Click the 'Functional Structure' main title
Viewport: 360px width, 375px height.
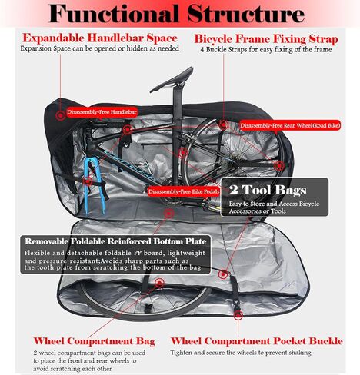[x=176, y=13]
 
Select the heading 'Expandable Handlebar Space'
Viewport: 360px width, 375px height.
[x=100, y=38]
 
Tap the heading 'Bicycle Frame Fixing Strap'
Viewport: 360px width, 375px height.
[x=266, y=39]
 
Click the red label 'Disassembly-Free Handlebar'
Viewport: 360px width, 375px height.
[x=102, y=112]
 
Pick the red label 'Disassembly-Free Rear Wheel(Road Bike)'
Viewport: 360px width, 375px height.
[x=290, y=125]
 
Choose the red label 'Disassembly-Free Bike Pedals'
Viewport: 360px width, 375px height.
[x=184, y=191]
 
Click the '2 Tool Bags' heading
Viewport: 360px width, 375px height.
[x=268, y=190]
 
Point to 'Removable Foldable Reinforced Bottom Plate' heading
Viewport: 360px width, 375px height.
[x=115, y=241]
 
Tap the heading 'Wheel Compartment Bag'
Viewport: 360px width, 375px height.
[x=95, y=341]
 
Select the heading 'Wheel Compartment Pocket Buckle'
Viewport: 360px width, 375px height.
[x=257, y=341]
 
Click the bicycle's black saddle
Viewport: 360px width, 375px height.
[x=172, y=80]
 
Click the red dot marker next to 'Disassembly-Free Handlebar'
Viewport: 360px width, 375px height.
[x=61, y=116]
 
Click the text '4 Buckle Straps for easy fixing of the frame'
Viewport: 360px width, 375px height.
[x=266, y=49]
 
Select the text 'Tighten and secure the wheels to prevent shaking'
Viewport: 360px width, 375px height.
[x=241, y=353]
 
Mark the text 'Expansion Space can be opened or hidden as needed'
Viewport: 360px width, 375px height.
[x=100, y=48]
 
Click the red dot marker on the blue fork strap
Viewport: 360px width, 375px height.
[x=88, y=181]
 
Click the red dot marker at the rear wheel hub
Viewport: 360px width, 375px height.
[x=279, y=165]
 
